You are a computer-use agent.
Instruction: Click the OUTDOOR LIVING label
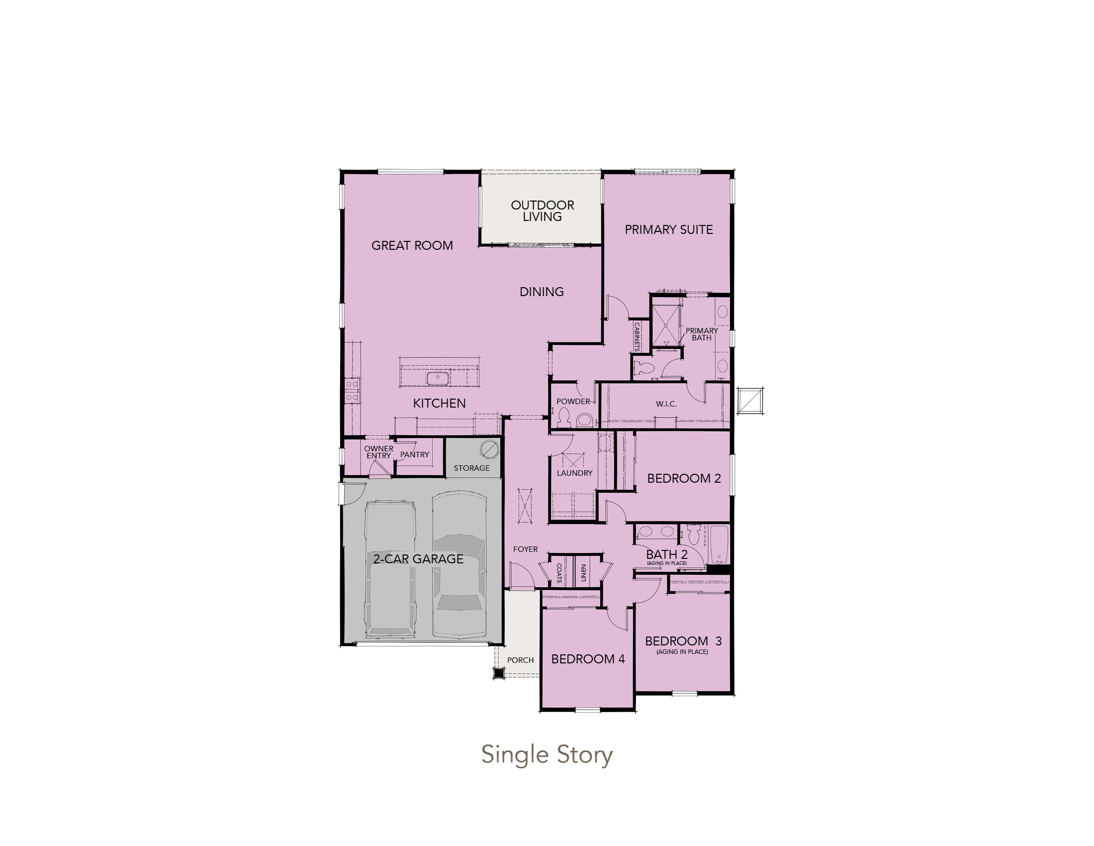[x=543, y=211]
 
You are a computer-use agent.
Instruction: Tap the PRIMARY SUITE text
[x=669, y=229]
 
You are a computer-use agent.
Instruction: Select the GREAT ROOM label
[x=412, y=245]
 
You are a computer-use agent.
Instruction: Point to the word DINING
[x=542, y=292]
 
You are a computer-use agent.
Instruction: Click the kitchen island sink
[x=437, y=378]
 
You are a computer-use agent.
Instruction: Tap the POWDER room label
[x=573, y=402]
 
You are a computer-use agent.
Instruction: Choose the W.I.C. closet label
[x=666, y=404]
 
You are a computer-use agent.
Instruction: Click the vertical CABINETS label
[x=637, y=336]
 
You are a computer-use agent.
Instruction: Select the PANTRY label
[x=415, y=454]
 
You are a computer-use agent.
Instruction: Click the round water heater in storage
[x=489, y=449]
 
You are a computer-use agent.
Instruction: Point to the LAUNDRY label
[x=574, y=473]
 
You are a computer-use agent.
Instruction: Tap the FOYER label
[x=526, y=549]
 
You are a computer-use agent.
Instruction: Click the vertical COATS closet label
[x=559, y=572]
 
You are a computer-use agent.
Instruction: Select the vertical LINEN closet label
[x=584, y=573]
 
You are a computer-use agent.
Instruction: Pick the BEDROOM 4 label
[x=588, y=659]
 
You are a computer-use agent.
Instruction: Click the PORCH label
[x=521, y=660]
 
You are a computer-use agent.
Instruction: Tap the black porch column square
[x=498, y=673]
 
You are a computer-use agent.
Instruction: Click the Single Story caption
[x=547, y=755]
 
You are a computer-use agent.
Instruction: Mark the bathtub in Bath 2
[x=720, y=545]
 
